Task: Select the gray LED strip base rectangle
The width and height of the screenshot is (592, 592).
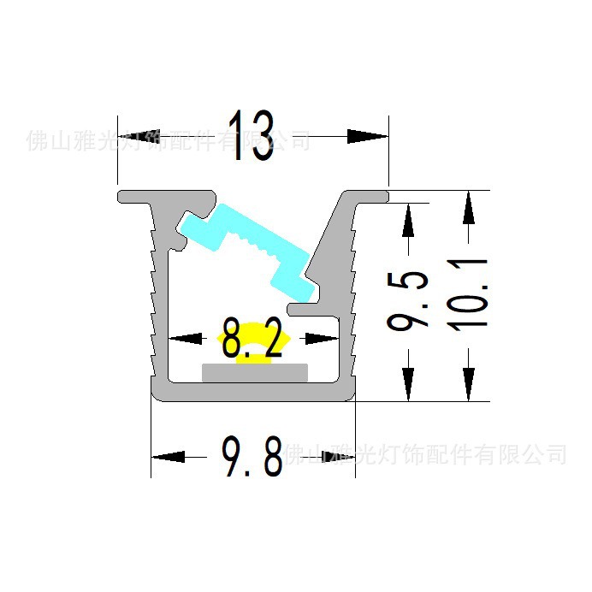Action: point(254,372)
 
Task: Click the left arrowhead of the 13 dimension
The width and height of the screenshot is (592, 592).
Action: point(136,135)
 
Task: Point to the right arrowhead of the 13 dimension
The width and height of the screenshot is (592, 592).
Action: point(368,135)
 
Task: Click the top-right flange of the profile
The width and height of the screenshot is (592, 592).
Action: point(368,196)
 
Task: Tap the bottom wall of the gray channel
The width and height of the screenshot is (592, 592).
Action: point(252,392)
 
